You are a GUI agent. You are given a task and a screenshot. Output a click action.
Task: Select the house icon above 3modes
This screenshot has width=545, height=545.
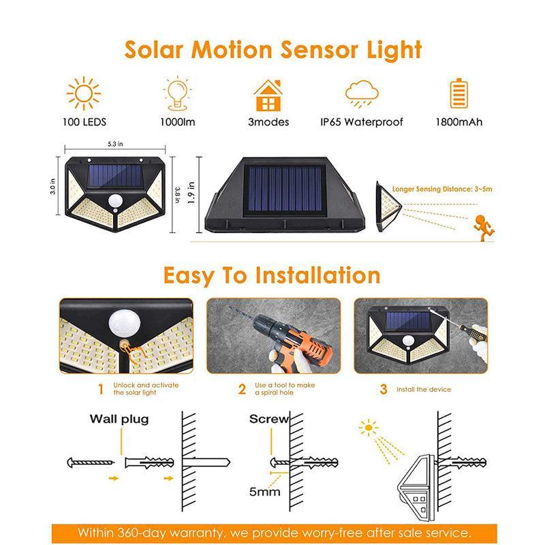tap(268, 95)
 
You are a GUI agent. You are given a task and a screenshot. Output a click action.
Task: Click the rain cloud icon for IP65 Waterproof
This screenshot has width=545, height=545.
tap(362, 94)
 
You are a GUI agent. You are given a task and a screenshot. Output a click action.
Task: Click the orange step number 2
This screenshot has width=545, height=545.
tap(242, 390)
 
